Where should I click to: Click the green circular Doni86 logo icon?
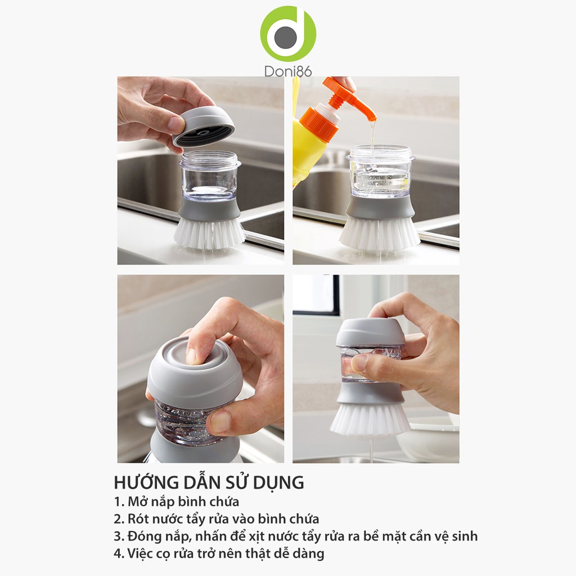[289, 34]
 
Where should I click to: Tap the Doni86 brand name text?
[288, 71]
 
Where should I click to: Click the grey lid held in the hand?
[203, 126]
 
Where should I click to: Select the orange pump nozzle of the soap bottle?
[349, 98]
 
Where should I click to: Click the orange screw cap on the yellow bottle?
[319, 123]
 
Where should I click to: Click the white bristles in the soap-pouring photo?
[379, 235]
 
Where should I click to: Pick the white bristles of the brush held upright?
[370, 419]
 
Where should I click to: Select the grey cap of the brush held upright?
[371, 332]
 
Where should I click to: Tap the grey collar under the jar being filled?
[380, 207]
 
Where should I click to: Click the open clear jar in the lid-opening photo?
[209, 175]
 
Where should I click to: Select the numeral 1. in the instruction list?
[119, 502]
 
